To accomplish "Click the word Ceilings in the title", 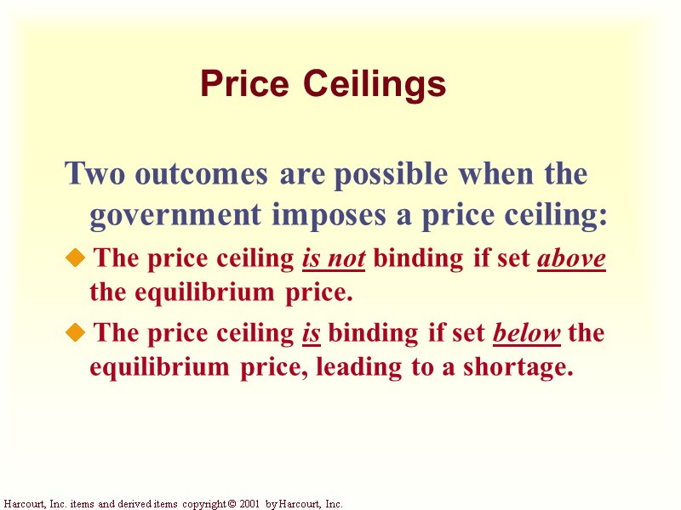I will [x=375, y=84].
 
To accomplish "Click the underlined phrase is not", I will [x=333, y=258].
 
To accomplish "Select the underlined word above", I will [x=571, y=258].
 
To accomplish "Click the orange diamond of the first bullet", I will [x=76, y=258].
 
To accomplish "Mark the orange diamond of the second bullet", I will [x=76, y=331].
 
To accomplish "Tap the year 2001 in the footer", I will [x=248, y=504].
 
